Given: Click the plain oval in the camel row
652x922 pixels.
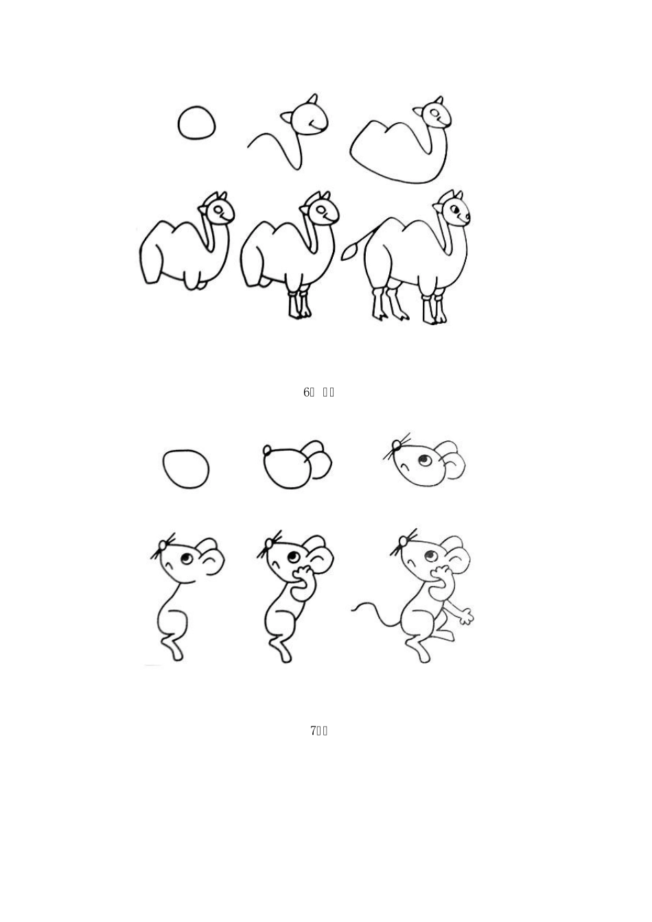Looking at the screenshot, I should (196, 123).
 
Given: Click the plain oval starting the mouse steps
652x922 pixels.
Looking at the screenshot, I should (186, 469).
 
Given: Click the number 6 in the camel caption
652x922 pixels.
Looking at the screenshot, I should (307, 392).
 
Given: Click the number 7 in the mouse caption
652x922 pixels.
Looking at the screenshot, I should (314, 731).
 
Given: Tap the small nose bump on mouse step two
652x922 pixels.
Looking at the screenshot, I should (268, 450).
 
